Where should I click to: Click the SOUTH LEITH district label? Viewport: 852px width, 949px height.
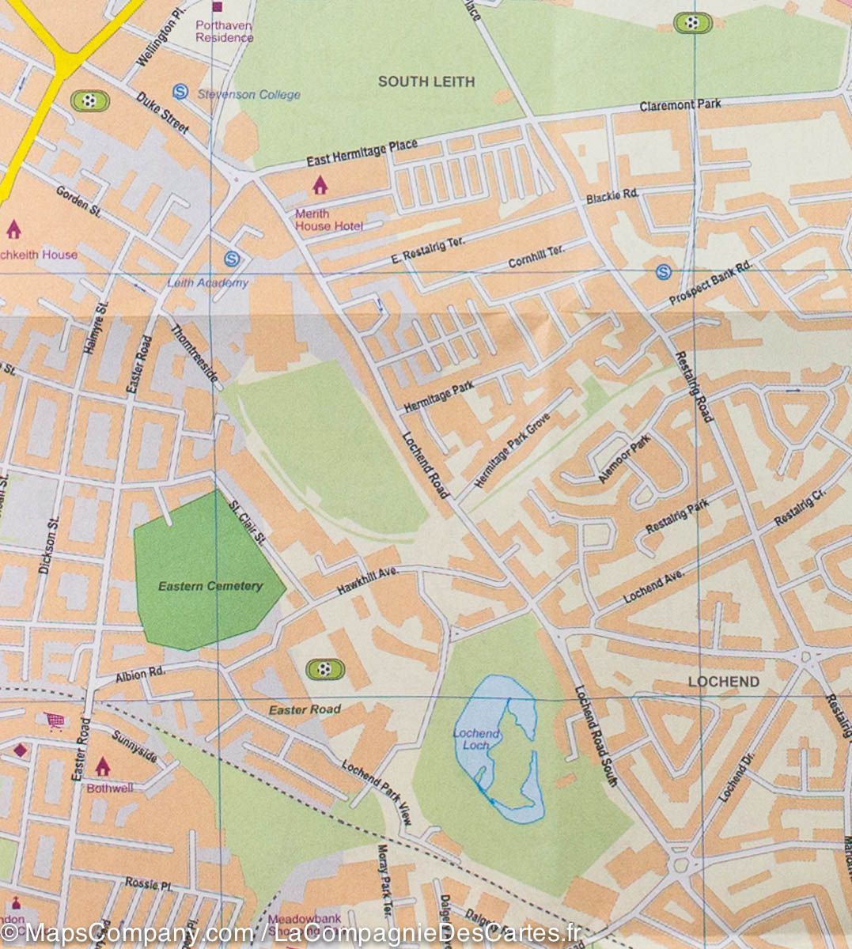(x=426, y=81)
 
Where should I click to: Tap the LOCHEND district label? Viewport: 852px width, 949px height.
(x=723, y=681)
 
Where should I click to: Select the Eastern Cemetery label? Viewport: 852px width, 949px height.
(x=210, y=586)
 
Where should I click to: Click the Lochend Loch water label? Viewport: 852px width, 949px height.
(x=475, y=739)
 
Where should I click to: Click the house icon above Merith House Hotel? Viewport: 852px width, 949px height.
(x=320, y=185)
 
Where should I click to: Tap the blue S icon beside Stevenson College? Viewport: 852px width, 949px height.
(x=180, y=93)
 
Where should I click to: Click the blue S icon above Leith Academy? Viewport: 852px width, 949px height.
(x=232, y=258)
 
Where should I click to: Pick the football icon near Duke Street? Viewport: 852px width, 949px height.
(x=89, y=100)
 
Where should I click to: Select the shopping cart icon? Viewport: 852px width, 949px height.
(x=55, y=720)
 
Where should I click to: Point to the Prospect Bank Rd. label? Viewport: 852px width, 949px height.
(x=710, y=284)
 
